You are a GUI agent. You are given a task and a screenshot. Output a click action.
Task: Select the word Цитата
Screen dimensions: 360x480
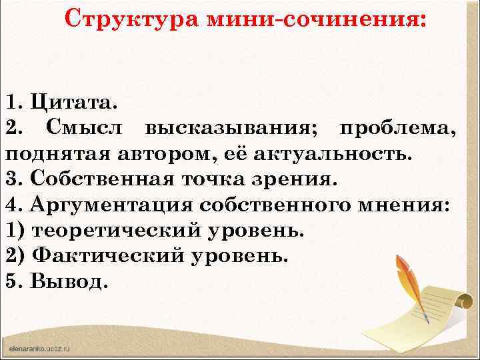73,103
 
